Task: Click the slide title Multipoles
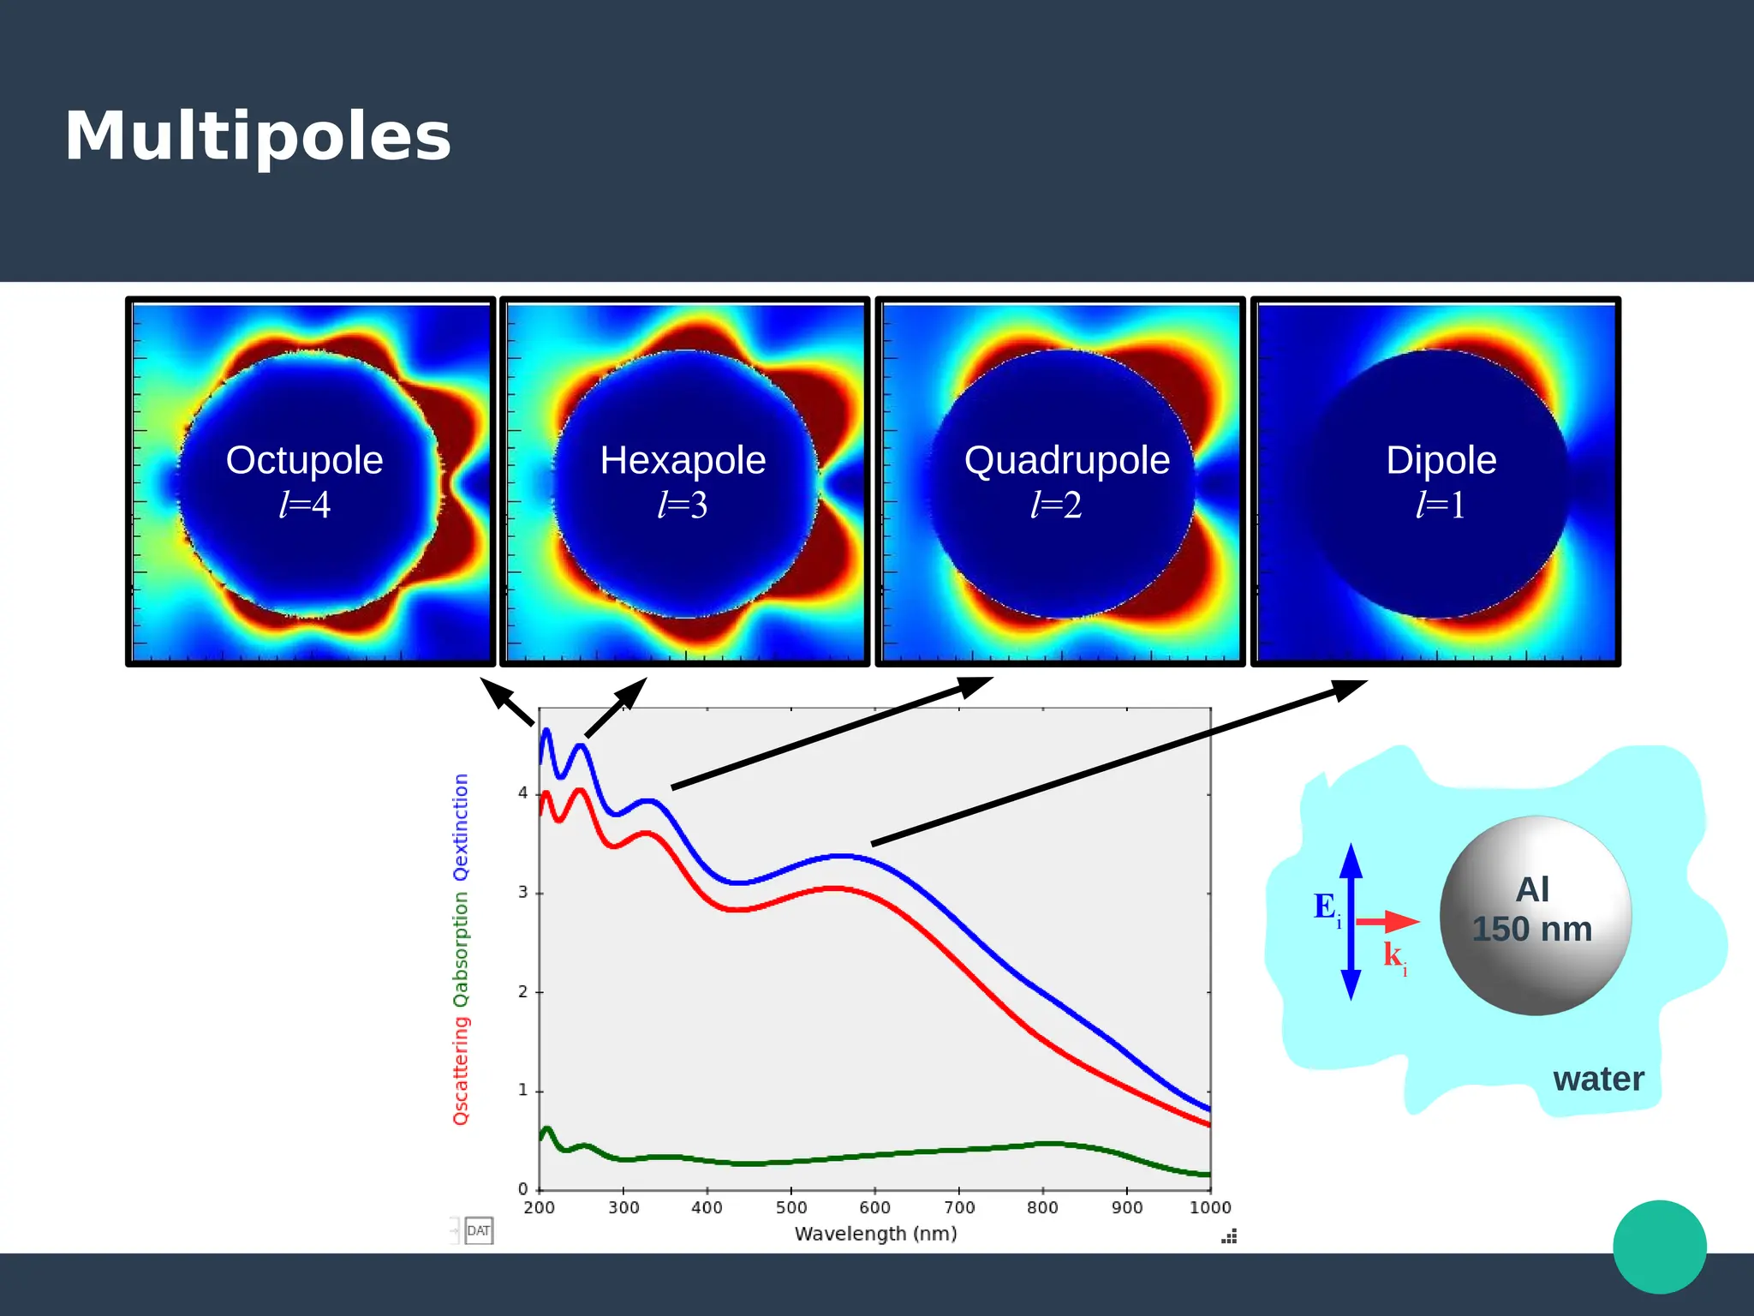click(257, 137)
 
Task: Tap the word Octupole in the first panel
click(304, 460)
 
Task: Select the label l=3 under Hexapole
click(683, 505)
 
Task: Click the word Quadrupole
click(1066, 460)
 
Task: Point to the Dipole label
click(1441, 460)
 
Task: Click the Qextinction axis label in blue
click(461, 827)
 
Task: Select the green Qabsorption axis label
click(461, 949)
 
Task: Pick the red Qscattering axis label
click(461, 1071)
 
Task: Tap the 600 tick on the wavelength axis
click(874, 1207)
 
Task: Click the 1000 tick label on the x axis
click(1209, 1207)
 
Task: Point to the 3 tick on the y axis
click(522, 893)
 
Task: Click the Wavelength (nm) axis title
click(875, 1234)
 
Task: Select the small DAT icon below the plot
click(478, 1231)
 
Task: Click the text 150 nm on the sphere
click(1531, 930)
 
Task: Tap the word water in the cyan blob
click(1598, 1079)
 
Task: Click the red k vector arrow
click(1387, 922)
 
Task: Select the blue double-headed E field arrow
click(1351, 921)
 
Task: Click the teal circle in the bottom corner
click(1659, 1247)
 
